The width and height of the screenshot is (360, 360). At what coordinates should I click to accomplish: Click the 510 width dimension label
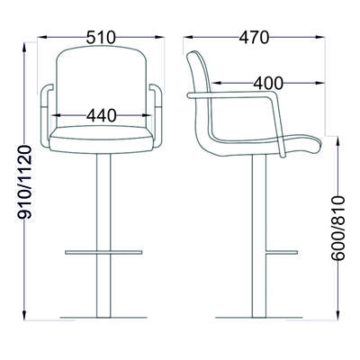point(101,38)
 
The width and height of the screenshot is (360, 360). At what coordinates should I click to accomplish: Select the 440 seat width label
point(101,115)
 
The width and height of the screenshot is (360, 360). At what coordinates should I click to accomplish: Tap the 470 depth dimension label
point(254,38)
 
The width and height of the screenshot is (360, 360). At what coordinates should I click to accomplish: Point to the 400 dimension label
point(268,83)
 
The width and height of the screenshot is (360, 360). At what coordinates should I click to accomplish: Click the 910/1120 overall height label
point(24,182)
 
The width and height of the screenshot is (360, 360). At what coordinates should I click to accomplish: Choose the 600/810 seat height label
point(338,228)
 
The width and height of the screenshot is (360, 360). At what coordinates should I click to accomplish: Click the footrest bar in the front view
point(103,252)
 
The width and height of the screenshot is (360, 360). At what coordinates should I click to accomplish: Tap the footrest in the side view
point(282,252)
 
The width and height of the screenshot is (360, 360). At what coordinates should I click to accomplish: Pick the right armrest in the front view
point(157,115)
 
